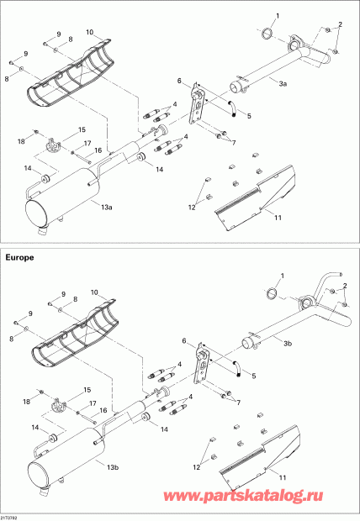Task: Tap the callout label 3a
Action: coord(283,85)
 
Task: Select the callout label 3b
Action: coord(288,344)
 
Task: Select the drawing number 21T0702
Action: coord(12,517)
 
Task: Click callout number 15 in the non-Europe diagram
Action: coord(82,130)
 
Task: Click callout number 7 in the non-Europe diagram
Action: coord(233,142)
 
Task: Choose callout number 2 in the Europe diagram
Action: coord(343,286)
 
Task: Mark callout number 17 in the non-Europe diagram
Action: coord(87,144)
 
